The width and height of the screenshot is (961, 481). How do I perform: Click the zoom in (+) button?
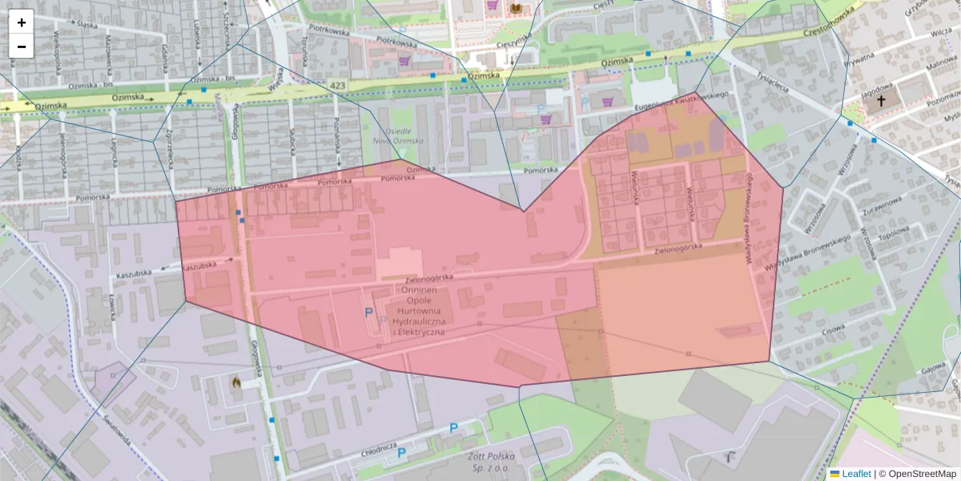(x=22, y=22)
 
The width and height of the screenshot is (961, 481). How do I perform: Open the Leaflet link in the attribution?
(x=855, y=474)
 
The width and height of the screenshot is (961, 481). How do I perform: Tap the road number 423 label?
(x=337, y=84)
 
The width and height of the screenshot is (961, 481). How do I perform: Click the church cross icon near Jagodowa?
(x=882, y=101)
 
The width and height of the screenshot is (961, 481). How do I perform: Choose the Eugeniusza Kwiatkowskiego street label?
(x=681, y=99)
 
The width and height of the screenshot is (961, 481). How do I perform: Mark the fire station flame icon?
(x=236, y=383)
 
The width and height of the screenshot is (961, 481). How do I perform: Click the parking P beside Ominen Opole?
(x=369, y=313)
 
